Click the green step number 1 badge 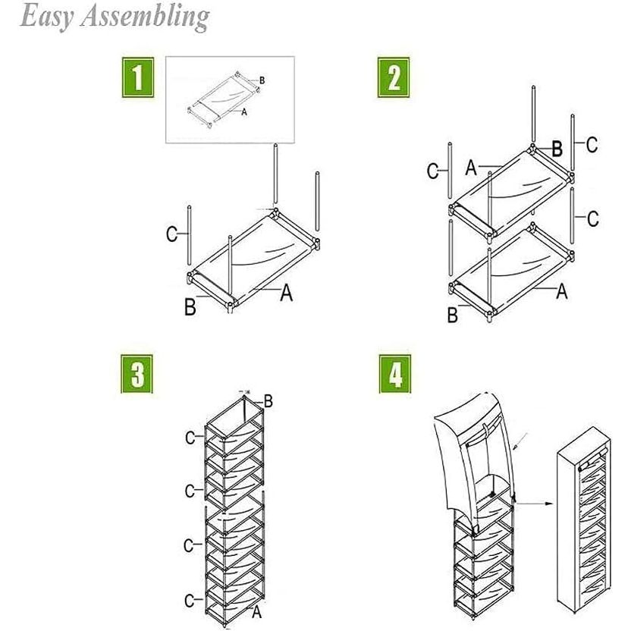[x=137, y=80]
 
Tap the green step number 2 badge [x=393, y=80]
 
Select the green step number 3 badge [x=137, y=375]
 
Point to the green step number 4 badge [x=393, y=375]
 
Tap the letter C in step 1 [x=172, y=234]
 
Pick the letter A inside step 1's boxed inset [x=243, y=111]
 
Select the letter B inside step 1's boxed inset [x=262, y=80]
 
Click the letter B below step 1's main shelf [x=190, y=307]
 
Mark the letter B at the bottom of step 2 [x=453, y=314]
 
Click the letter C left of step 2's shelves [x=432, y=171]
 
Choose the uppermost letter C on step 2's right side [x=592, y=144]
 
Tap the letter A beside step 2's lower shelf [x=562, y=290]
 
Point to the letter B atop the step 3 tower [x=267, y=400]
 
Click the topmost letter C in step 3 [x=190, y=437]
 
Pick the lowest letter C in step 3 [x=190, y=601]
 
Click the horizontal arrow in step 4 [x=534, y=501]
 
